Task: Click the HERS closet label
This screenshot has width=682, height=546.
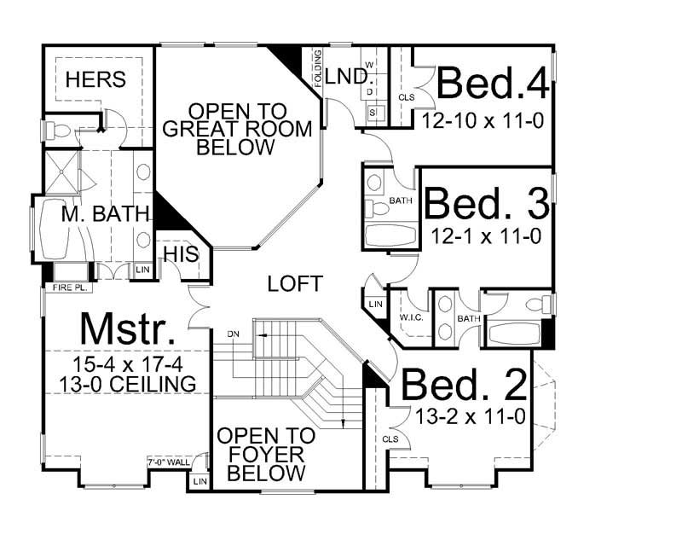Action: point(95,79)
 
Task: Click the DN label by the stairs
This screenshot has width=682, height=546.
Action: point(233,333)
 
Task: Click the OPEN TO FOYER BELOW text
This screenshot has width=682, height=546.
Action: point(266,454)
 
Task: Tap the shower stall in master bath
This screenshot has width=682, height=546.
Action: point(61,172)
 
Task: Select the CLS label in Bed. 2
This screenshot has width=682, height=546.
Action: point(390,439)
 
